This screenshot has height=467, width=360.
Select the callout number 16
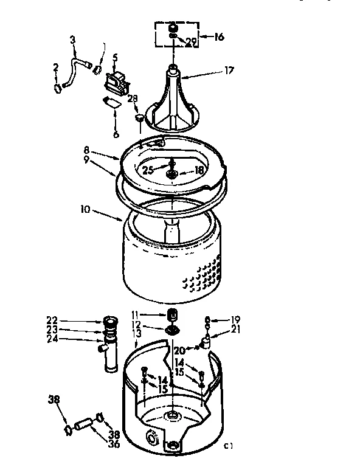218,36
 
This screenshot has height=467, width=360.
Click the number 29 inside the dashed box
192,41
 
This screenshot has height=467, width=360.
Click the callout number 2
57,68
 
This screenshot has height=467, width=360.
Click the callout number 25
148,171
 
